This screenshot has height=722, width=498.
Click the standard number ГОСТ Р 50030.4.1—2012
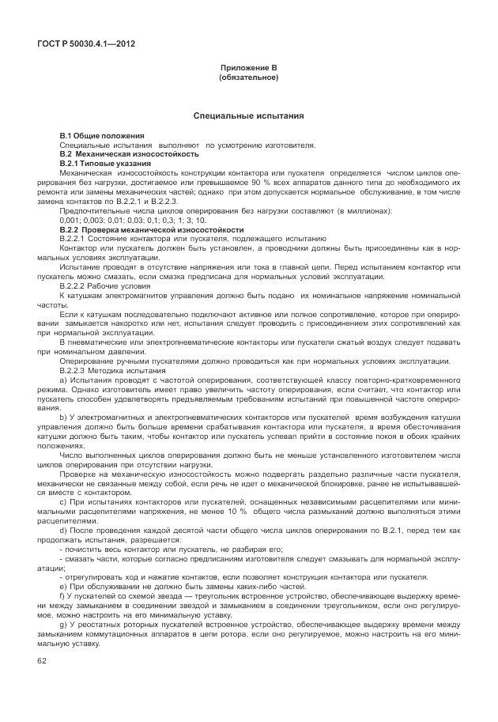[x=85, y=43]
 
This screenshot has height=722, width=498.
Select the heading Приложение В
[x=248, y=68]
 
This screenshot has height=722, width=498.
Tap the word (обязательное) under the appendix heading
[x=248, y=77]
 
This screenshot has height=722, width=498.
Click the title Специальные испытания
[x=248, y=116]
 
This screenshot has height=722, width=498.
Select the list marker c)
[x=63, y=503]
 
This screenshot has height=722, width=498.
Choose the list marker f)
[x=63, y=595]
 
